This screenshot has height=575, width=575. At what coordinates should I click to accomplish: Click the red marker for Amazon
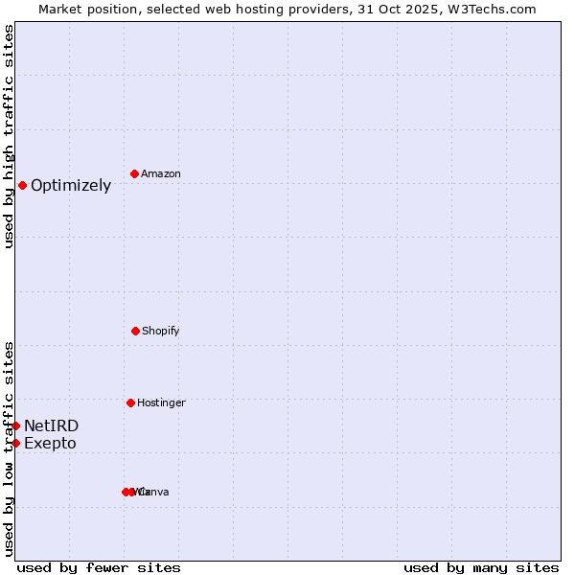click(x=134, y=173)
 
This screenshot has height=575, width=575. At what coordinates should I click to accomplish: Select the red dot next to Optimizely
click(x=22, y=185)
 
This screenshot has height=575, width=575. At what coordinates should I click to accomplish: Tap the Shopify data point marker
click(x=135, y=331)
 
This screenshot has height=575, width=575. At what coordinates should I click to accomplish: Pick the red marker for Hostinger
click(x=130, y=402)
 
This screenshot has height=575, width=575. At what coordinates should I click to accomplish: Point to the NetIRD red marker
click(x=15, y=425)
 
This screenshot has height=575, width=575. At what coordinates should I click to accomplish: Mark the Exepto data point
click(x=15, y=443)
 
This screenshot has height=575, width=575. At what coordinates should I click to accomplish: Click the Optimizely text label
click(x=71, y=186)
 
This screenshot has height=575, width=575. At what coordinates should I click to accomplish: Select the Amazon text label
click(x=161, y=174)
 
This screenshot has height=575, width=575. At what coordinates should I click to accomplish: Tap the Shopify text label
click(x=161, y=332)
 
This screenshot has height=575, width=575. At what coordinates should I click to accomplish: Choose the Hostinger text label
click(x=161, y=403)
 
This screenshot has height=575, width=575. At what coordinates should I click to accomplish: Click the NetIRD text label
click(x=52, y=426)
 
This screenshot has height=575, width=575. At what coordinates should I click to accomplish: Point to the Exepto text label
click(x=50, y=444)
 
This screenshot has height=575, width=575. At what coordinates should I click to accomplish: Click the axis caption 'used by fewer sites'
click(x=99, y=568)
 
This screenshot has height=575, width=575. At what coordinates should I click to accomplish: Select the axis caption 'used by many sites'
click(x=481, y=568)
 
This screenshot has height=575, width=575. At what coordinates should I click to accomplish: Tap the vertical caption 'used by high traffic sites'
click(x=9, y=136)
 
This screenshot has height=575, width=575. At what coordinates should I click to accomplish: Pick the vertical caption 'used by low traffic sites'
click(x=9, y=448)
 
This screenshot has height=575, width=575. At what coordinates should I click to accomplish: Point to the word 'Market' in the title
click(x=60, y=9)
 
